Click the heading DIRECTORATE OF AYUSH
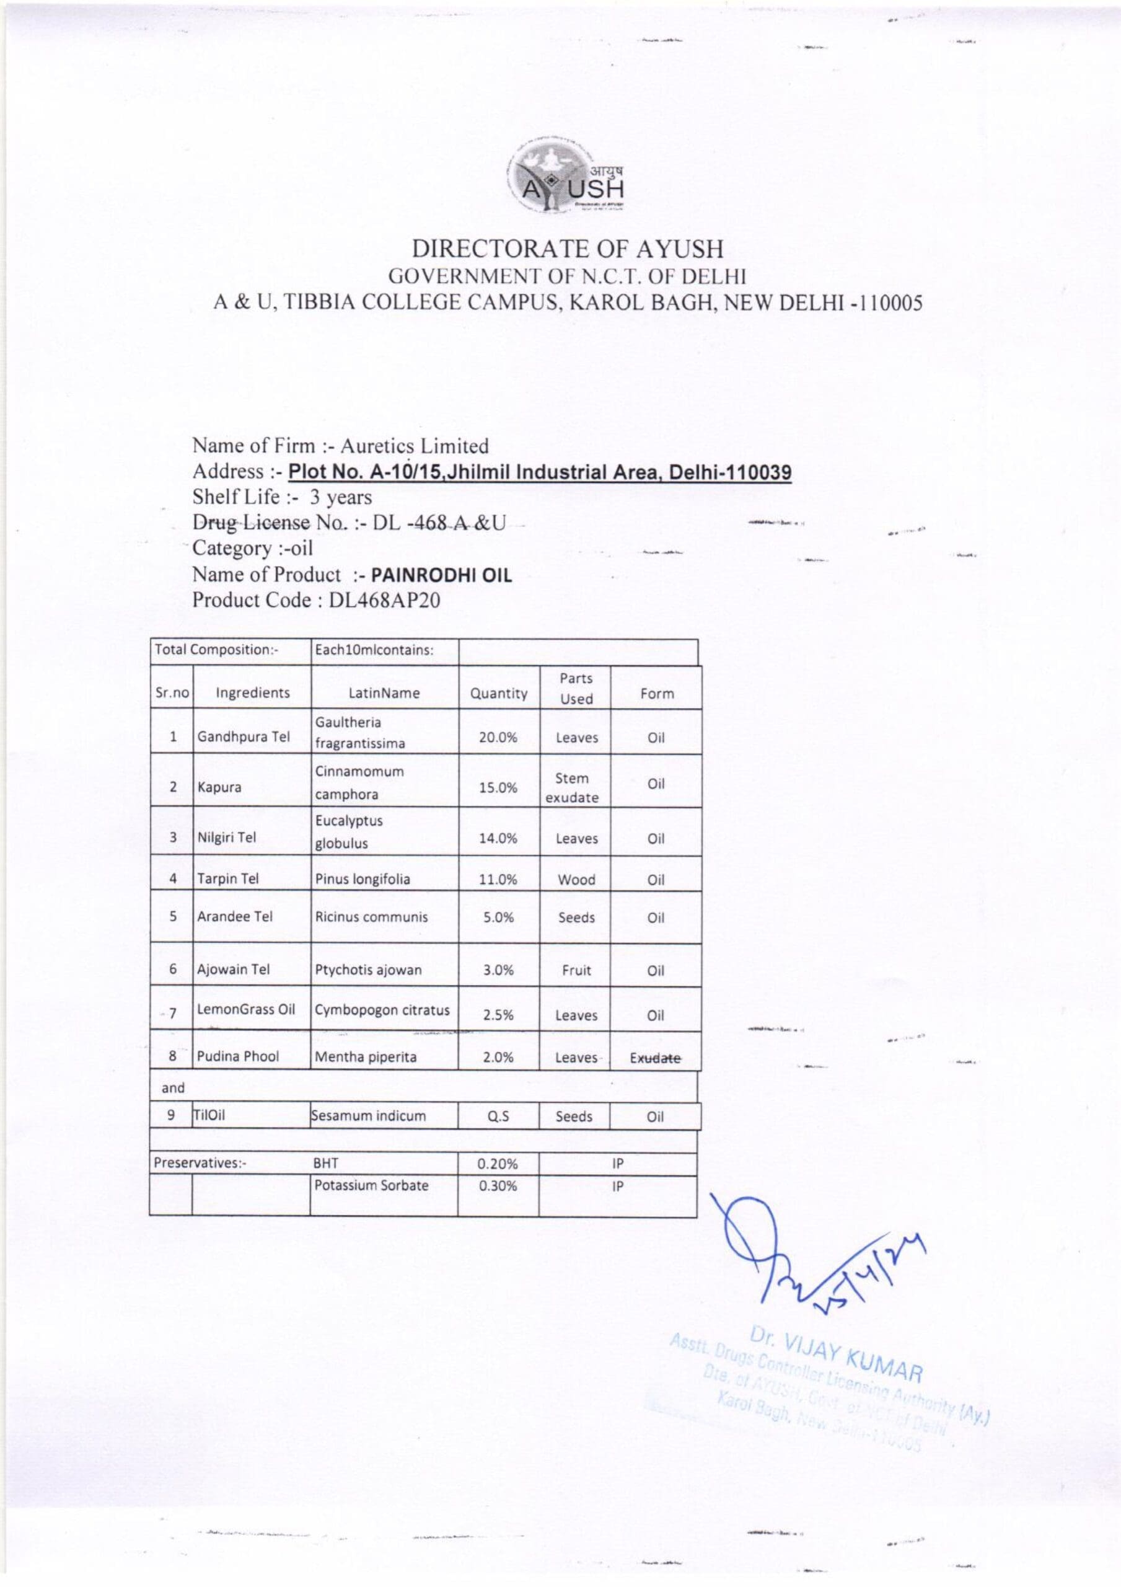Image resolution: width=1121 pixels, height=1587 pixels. coord(568,249)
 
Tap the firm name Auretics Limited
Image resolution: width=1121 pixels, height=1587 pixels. coord(414,446)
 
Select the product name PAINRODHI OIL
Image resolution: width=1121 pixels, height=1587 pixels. coord(442,575)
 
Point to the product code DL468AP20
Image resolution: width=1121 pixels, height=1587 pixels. coord(384,600)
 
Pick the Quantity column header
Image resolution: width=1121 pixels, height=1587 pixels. coord(498,693)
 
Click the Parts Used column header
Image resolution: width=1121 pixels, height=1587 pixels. coord(576,689)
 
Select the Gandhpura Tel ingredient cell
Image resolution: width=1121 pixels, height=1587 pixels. coord(244,737)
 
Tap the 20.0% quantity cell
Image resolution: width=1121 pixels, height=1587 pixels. coord(498,738)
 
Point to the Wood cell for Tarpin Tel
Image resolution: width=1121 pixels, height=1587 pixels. coord(576,879)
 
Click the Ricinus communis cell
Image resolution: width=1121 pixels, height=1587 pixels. coord(371,917)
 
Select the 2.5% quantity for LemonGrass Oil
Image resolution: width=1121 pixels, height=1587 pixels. coord(498,1015)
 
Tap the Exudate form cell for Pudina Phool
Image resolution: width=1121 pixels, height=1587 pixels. coord(654,1058)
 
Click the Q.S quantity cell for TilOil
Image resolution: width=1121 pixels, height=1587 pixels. coord(498,1116)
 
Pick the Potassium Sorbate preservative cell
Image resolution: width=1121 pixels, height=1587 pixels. coord(371,1185)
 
